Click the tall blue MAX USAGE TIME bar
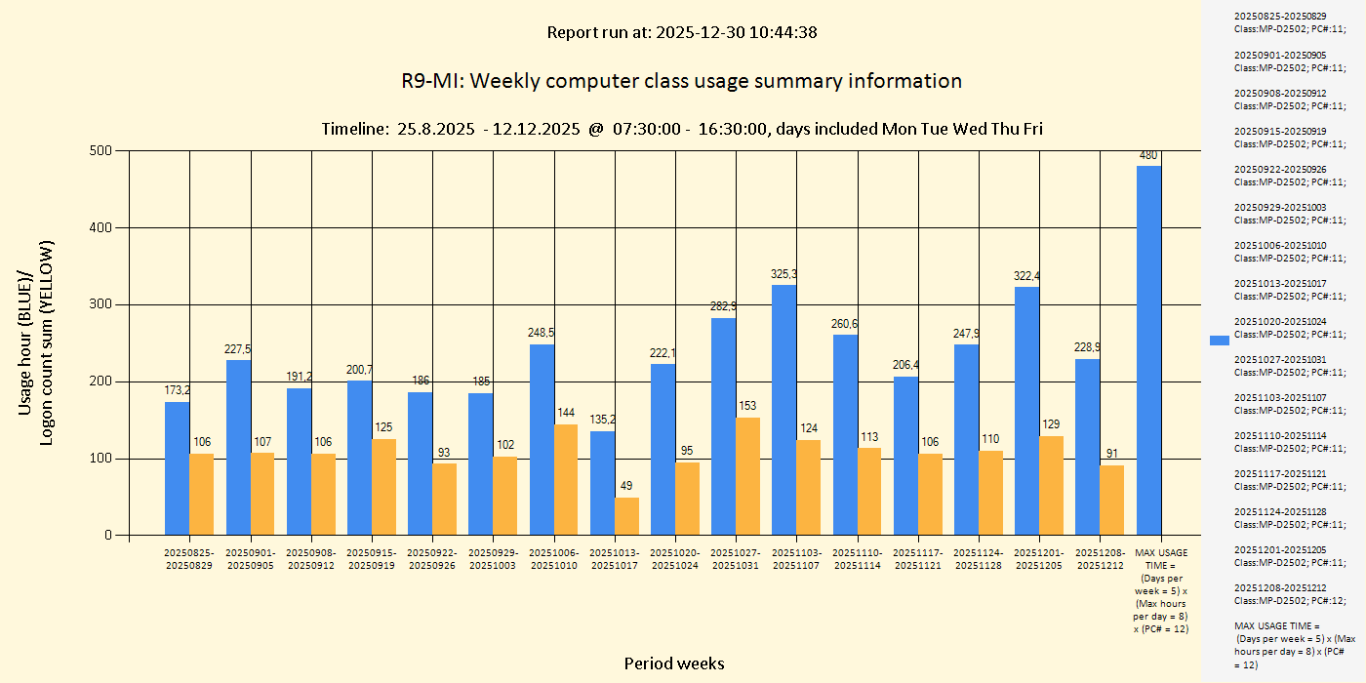click(x=1148, y=351)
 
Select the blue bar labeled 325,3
click(x=783, y=410)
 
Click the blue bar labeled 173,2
click(x=177, y=468)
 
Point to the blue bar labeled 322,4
click(x=1026, y=411)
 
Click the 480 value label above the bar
click(x=1148, y=155)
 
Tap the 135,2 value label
click(x=603, y=420)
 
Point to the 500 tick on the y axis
click(x=101, y=151)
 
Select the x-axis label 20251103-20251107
click(x=796, y=559)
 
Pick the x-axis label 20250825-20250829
click(x=188, y=559)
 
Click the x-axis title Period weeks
click(x=674, y=663)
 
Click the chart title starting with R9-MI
click(x=681, y=81)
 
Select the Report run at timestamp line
click(x=681, y=32)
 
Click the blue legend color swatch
click(x=1219, y=340)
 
